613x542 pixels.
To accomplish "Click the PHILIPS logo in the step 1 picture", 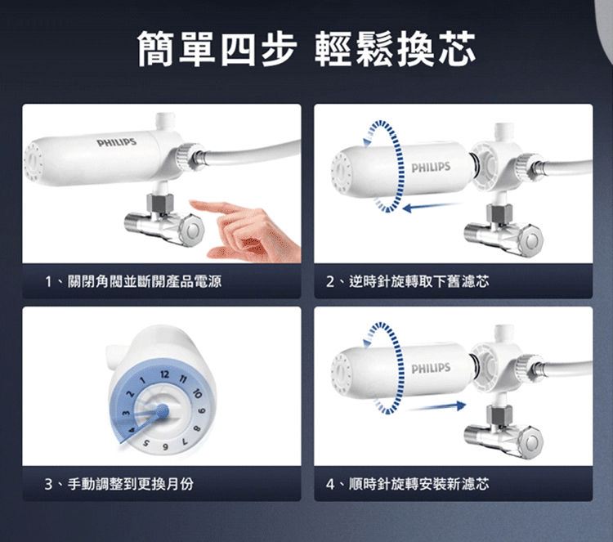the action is pyautogui.click(x=117, y=142).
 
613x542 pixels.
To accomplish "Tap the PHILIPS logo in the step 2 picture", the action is pyautogui.click(x=431, y=168).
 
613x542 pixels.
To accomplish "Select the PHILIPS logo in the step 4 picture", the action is pyautogui.click(x=431, y=369).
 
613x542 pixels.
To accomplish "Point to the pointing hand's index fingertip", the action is pyautogui.click(x=192, y=203).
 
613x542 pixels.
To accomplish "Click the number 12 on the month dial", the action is pyautogui.click(x=164, y=374).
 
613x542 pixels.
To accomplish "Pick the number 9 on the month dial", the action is pyautogui.click(x=202, y=412).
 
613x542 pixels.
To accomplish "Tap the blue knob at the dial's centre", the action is pyautogui.click(x=162, y=410).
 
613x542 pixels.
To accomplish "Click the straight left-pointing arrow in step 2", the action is pyautogui.click(x=432, y=207).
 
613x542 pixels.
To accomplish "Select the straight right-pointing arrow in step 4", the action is pyautogui.click(x=436, y=406).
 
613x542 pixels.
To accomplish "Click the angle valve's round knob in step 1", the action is pyautogui.click(x=191, y=231).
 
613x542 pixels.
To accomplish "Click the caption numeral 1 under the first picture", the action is pyautogui.click(x=48, y=281).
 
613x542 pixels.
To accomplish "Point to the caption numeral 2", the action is pyautogui.click(x=330, y=281).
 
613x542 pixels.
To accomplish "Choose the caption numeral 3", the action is pyautogui.click(x=48, y=484).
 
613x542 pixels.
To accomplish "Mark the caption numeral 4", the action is pyautogui.click(x=330, y=484).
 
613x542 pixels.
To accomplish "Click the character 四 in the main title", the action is pyautogui.click(x=238, y=48).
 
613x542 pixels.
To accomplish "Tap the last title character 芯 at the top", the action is pyautogui.click(x=456, y=48).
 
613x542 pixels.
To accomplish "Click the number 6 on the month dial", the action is pyautogui.click(x=165, y=447).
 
